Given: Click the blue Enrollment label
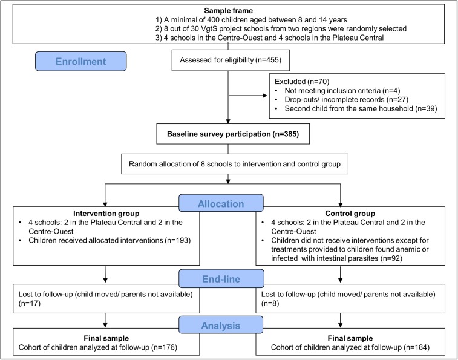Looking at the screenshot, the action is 81,61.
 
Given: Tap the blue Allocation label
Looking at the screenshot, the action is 221,203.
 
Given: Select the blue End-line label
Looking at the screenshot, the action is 221,279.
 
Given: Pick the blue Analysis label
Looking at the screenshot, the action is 221,326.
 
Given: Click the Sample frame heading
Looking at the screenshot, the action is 229,11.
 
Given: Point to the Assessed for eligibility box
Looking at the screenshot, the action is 231,60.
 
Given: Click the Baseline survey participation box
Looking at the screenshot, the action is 233,134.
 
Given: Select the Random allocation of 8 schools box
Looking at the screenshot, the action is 235,164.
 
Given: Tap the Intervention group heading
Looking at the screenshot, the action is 106,214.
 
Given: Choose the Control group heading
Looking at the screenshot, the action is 350,214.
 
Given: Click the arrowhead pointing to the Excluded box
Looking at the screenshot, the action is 265,95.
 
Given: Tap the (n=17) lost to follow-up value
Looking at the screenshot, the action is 30,303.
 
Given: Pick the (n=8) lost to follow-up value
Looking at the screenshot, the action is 270,303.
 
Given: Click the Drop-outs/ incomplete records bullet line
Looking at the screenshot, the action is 347,100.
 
